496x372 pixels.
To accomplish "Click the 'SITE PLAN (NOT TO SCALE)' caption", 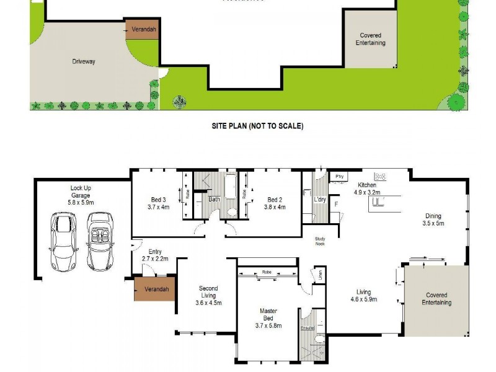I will point(257,126).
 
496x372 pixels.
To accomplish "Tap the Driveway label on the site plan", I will point(83,61).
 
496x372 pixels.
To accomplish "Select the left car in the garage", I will point(64,241).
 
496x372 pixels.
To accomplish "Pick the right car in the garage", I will point(99,241).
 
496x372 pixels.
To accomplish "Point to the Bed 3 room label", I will point(158,203).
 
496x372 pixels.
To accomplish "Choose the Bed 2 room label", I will point(275,203).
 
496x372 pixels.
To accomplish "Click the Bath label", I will point(215,200).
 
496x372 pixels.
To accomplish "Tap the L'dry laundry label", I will point(320,200).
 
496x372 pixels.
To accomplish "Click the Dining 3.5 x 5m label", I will point(433,219).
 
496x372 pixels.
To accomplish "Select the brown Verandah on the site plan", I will point(143,29).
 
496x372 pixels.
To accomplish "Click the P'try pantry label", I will point(339,176).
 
